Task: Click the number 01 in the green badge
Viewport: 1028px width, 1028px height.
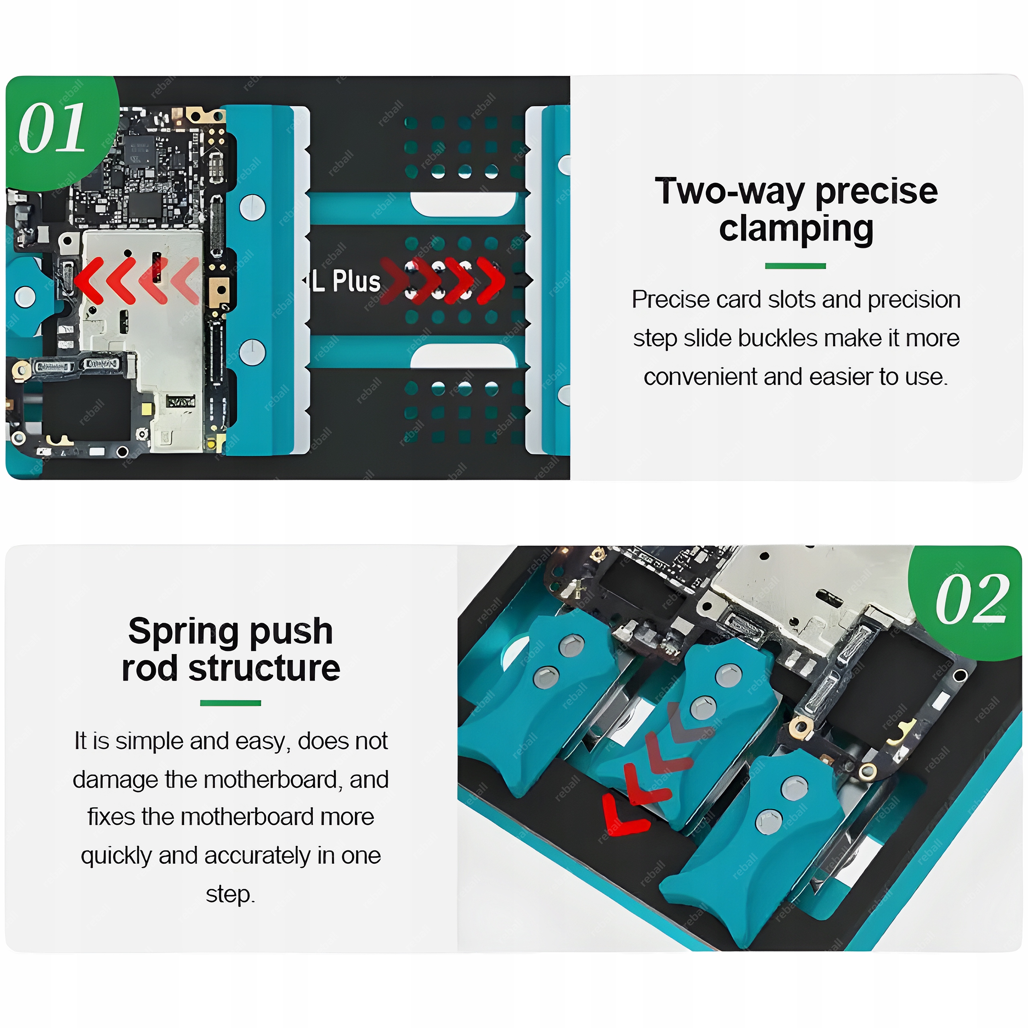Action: tap(52, 128)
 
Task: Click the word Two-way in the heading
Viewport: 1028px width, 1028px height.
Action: tap(729, 191)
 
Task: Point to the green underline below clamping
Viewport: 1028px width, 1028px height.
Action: tap(795, 266)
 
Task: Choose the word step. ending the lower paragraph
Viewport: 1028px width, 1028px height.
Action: tap(230, 894)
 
